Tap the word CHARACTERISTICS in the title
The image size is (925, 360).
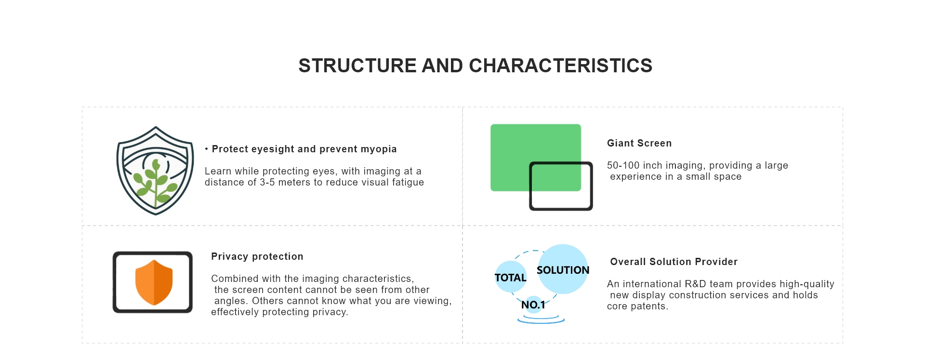[x=560, y=66]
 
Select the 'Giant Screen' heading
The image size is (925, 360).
[x=639, y=143]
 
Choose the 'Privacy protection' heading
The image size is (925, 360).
[x=257, y=256]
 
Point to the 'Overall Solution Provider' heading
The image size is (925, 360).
[x=674, y=262]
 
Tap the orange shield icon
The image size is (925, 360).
[x=154, y=282]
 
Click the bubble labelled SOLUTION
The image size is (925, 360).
[x=563, y=269]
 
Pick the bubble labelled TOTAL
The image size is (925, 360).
[x=511, y=277]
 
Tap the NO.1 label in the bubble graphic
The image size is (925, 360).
[x=533, y=305]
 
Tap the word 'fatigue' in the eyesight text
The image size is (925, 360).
[x=408, y=182]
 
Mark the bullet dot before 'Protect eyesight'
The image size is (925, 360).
[x=207, y=149]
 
